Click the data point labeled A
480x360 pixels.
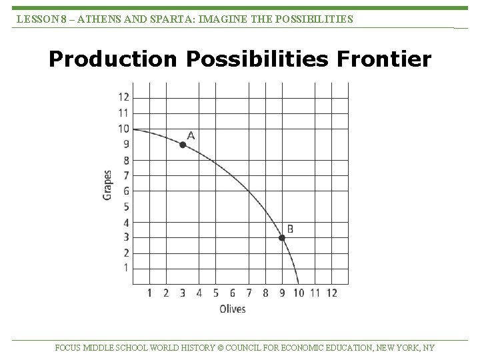click(183, 145)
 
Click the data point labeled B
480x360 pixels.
click(282, 238)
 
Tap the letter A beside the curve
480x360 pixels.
click(191, 135)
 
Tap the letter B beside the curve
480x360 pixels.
click(290, 229)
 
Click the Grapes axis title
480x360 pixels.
click(107, 184)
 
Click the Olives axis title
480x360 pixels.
click(232, 309)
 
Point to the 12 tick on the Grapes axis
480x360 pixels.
click(124, 98)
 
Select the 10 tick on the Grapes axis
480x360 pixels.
click(124, 129)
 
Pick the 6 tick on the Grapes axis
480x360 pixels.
click(127, 191)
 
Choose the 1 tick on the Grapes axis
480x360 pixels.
click(127, 268)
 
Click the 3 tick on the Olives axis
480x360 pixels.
click(183, 293)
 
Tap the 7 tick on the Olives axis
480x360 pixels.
click(249, 293)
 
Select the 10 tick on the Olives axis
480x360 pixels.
click(298, 293)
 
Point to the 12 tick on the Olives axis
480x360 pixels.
click(331, 293)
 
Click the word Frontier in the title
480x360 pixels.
click(385, 60)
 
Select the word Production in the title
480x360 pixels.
click(113, 60)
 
